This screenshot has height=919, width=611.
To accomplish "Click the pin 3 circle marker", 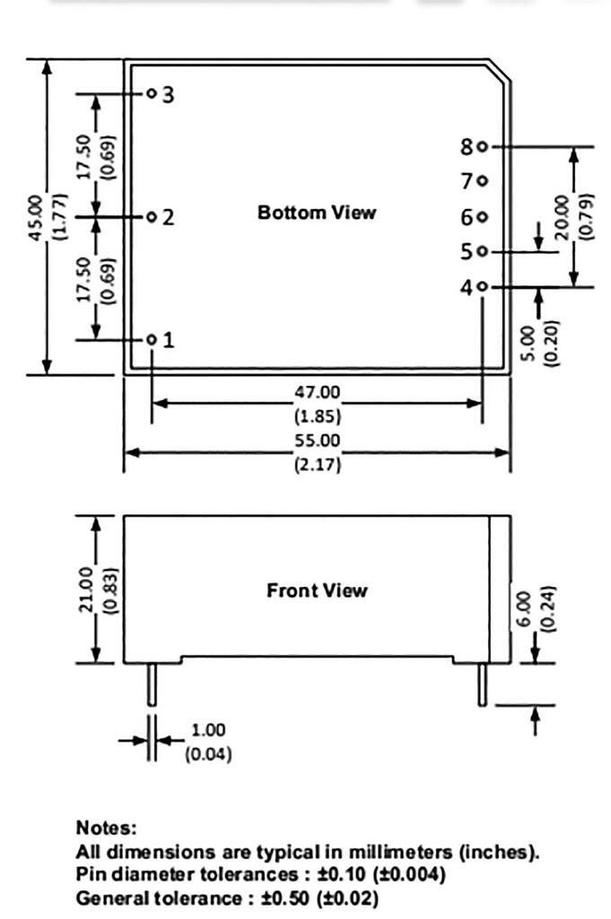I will [152, 93].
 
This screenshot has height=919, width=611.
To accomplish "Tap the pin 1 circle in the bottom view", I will [152, 340].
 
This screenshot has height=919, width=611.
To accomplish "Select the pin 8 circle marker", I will [483, 146].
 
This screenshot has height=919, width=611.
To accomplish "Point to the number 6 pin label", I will [467, 217].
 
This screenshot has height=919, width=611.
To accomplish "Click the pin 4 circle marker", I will [483, 287].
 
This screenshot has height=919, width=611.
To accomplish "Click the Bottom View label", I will [317, 213].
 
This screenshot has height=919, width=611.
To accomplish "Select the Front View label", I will [317, 591].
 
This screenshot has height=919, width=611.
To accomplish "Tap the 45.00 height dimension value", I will [35, 216].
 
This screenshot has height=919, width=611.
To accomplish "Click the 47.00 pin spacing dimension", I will [318, 391].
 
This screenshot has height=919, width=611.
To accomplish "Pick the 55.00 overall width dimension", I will [318, 441].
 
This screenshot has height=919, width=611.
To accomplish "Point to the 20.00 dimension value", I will [562, 216].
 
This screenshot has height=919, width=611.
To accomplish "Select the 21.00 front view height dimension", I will [86, 590].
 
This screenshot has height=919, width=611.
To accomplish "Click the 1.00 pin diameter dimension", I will [208, 730].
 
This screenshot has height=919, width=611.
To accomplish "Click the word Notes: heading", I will [107, 827].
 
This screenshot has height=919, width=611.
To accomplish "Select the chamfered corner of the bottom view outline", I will [501, 72].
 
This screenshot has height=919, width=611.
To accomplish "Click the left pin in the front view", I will [152, 684].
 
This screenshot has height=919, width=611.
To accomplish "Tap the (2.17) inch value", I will [318, 466].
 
